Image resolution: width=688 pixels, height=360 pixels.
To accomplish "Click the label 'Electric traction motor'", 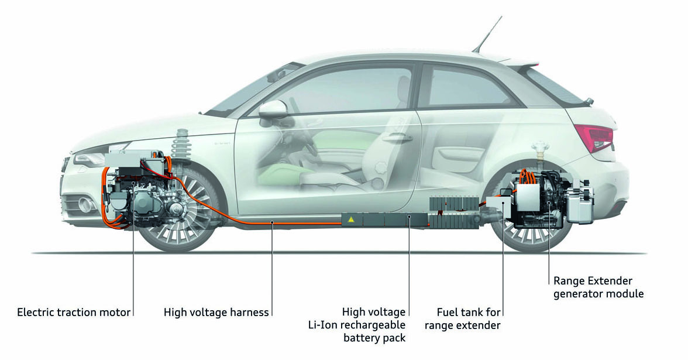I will [x=74, y=312].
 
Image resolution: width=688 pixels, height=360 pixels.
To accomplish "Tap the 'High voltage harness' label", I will [x=216, y=312].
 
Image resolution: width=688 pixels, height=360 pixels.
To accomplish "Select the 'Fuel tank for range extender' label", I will [x=463, y=319].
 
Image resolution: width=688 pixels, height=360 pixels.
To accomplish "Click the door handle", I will [x=398, y=138].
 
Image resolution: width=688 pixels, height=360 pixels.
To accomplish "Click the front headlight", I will [x=94, y=157].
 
